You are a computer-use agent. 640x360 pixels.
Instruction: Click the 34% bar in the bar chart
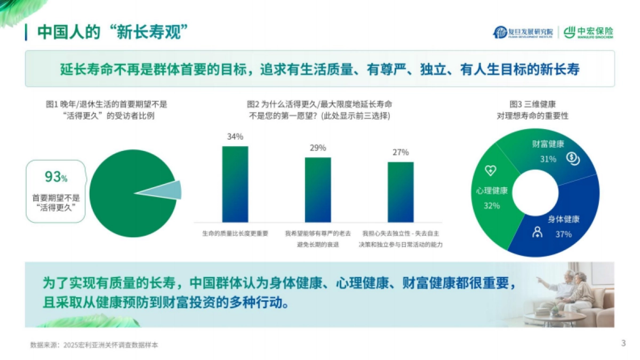tap(235, 183)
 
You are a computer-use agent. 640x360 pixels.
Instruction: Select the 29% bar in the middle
tap(317, 189)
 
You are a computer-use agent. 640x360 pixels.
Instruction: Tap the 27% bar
tap(401, 191)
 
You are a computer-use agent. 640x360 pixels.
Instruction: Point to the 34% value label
tap(235, 137)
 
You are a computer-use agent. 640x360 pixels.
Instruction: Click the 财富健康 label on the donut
tap(548, 145)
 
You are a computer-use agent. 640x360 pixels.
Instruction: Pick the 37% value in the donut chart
tap(563, 234)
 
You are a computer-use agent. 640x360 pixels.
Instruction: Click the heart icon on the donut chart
tap(490, 171)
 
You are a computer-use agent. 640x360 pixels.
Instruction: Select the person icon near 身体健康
tap(538, 232)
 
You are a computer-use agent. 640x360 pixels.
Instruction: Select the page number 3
tap(623, 343)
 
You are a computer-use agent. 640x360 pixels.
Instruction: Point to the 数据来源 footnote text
tap(94, 345)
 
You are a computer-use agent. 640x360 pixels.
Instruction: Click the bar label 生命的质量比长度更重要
tap(235, 234)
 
